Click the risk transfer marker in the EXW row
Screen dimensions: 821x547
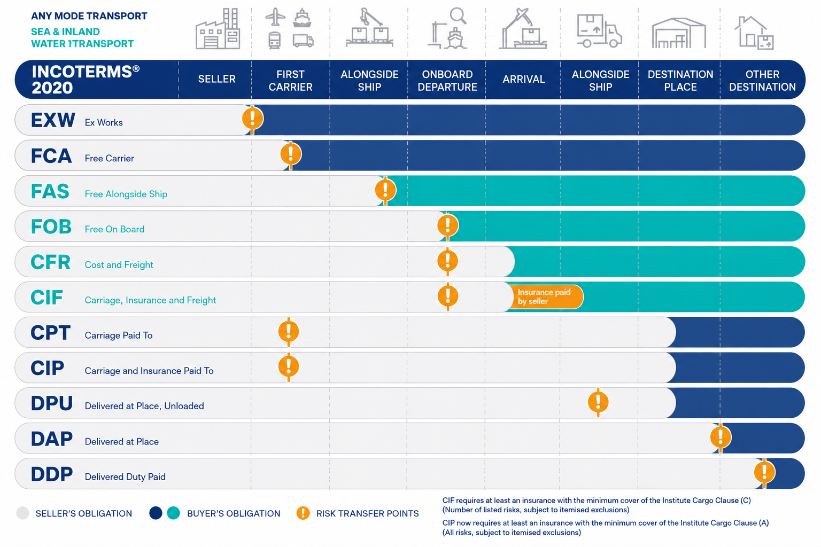click(252, 119)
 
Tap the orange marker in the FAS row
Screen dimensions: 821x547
click(385, 190)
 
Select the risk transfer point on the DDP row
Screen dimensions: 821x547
click(764, 472)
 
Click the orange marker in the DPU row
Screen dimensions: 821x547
click(598, 402)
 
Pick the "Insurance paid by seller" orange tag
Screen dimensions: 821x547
click(545, 297)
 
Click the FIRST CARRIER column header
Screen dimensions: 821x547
click(290, 81)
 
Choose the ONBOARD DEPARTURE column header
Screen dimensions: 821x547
click(447, 81)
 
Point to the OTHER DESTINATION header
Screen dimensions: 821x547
click(762, 81)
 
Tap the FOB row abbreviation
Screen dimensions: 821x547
click(51, 226)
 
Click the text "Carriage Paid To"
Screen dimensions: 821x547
click(118, 335)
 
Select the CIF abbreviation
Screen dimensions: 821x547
click(47, 297)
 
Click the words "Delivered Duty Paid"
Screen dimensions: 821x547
click(125, 476)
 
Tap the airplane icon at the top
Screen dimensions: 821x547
click(275, 17)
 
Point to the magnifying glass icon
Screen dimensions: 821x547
click(458, 16)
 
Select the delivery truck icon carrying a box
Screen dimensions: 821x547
click(599, 31)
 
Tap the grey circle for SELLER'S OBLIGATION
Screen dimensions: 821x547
click(23, 513)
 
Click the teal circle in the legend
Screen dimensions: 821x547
click(173, 513)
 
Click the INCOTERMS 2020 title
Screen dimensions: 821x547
click(86, 80)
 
